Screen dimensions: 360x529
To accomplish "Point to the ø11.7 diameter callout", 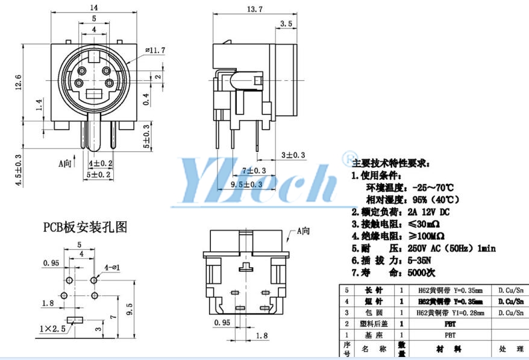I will tap(155, 50).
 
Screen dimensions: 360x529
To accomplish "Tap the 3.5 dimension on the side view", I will tap(286, 24).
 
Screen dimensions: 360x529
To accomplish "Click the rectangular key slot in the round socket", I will tap(95, 94).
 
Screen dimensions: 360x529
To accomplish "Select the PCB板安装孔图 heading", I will tap(85, 227).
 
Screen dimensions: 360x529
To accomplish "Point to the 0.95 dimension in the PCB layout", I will tap(51, 262).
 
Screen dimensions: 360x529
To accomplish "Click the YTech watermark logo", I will tap(259, 181).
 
